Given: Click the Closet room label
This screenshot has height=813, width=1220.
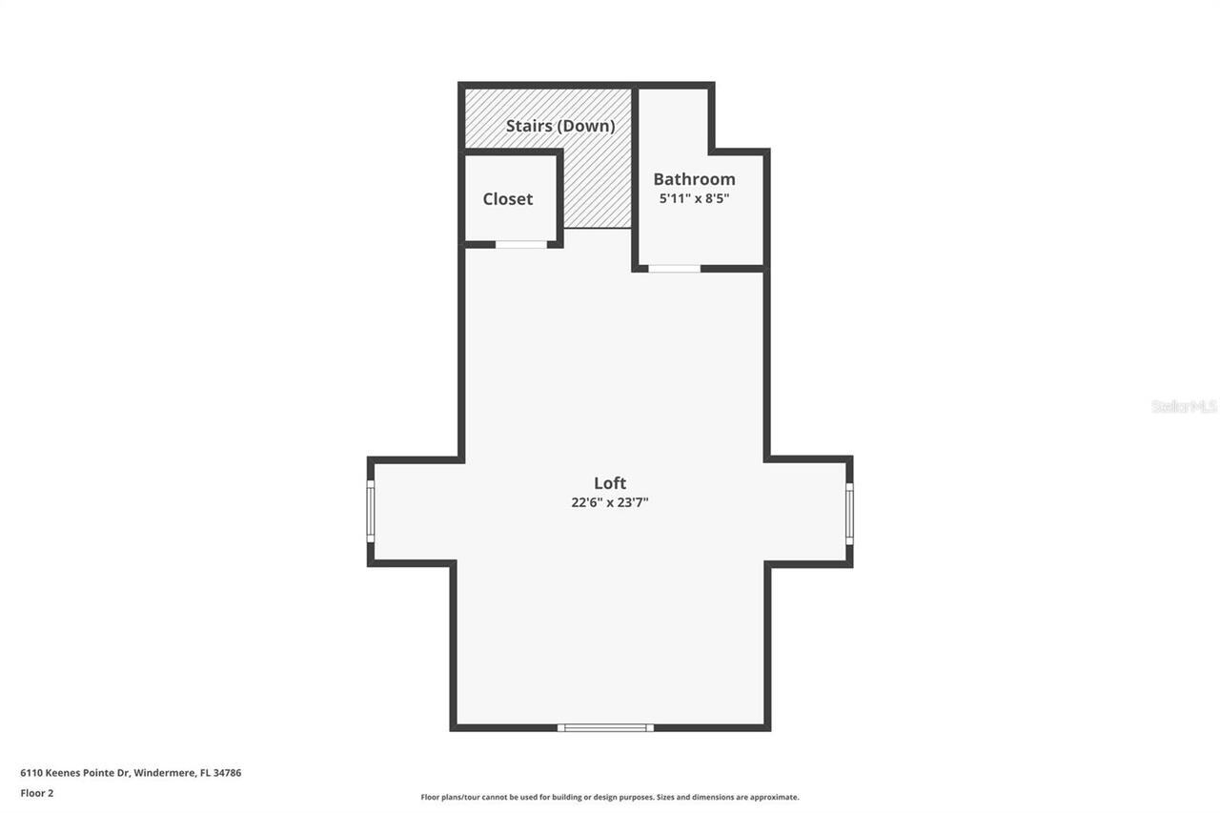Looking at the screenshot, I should click(x=507, y=199).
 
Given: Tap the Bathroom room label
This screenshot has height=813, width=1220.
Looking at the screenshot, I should click(x=694, y=179).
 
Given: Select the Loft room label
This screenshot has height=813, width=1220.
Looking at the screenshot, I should click(x=610, y=483).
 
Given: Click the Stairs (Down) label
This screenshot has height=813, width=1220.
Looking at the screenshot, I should click(x=560, y=126).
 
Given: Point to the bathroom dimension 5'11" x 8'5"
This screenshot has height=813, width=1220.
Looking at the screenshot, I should click(x=694, y=199).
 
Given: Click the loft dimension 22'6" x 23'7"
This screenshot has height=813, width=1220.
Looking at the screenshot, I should click(x=610, y=502).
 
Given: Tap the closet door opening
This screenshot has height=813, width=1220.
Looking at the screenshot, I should click(x=521, y=245).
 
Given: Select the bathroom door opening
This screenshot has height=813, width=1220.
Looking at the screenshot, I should click(x=674, y=269).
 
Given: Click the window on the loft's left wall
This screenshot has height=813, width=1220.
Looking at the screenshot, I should click(x=371, y=512).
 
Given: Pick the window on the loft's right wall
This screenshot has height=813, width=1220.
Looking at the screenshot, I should click(x=849, y=513).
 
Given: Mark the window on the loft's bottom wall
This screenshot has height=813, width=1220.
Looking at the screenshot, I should click(x=605, y=728).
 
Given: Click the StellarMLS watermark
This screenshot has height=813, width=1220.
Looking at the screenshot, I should click(x=1184, y=406).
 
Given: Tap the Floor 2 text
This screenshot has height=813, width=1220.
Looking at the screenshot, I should click(x=37, y=793).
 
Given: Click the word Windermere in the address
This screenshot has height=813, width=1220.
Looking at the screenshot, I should click(x=163, y=773).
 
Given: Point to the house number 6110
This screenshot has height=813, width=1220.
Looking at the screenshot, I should click(x=30, y=773).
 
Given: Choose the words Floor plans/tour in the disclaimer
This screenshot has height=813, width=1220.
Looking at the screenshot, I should click(x=446, y=797).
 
